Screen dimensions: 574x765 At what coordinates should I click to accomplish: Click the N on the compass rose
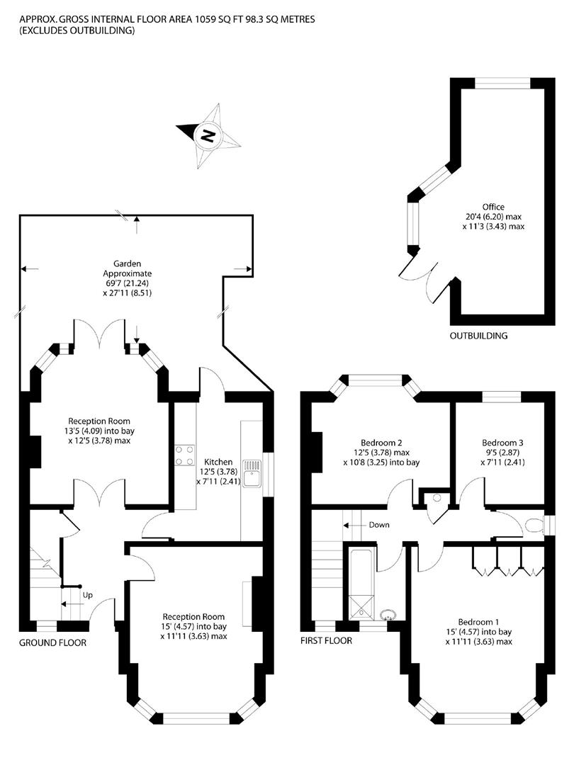208,135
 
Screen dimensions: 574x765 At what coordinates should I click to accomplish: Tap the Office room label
493,207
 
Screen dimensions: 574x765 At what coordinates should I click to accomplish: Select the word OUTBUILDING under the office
478,336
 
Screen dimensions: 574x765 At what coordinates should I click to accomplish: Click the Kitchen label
218,462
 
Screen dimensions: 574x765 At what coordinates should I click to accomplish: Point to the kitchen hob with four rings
185,455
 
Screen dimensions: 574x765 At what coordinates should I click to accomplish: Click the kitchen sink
253,473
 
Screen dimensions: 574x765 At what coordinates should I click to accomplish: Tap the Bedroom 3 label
502,443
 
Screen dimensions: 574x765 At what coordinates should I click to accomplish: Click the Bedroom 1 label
478,622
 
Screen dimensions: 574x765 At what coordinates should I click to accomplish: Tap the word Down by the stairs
379,525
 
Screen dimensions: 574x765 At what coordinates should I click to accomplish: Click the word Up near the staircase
87,595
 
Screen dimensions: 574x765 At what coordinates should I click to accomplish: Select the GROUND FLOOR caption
52,642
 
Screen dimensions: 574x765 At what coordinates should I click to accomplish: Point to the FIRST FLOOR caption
326,640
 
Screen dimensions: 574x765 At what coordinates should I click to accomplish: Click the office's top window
502,84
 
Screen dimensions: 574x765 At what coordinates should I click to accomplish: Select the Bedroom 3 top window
501,397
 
